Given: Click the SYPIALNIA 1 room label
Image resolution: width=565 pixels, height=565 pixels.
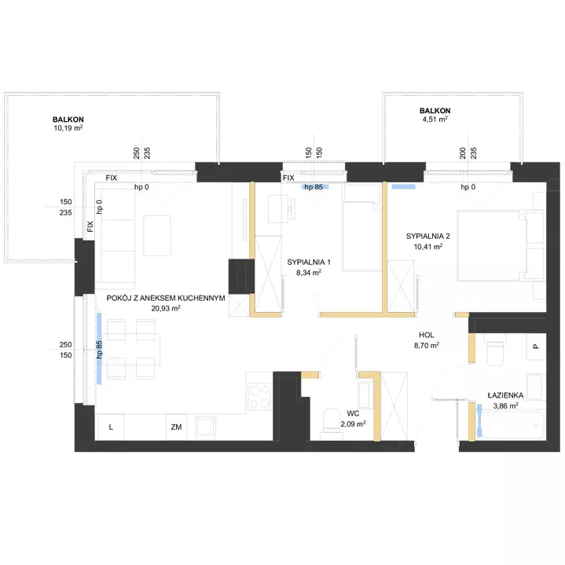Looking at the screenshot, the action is pyautogui.click(x=309, y=262).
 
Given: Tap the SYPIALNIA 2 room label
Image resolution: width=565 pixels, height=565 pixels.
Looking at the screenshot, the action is pyautogui.click(x=427, y=237).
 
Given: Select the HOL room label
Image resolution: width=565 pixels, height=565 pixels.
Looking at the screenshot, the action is pyautogui.click(x=426, y=335).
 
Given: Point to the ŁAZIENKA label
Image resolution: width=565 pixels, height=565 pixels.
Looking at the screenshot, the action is pyautogui.click(x=505, y=395).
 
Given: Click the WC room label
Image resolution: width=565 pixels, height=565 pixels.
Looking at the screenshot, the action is pyautogui.click(x=353, y=413).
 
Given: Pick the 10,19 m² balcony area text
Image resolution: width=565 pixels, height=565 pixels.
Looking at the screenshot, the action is pyautogui.click(x=68, y=128).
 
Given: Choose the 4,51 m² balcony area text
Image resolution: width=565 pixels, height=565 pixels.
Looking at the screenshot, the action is pyautogui.click(x=435, y=119).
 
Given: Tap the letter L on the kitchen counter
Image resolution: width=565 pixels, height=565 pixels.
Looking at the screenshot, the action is pyautogui.click(x=111, y=427).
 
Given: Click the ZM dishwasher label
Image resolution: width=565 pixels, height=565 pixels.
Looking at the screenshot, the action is pyautogui.click(x=176, y=427).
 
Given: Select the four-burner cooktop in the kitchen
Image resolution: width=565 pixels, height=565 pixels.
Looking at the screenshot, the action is pyautogui.click(x=259, y=396).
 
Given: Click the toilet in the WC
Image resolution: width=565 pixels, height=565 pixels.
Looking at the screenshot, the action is pyautogui.click(x=330, y=424).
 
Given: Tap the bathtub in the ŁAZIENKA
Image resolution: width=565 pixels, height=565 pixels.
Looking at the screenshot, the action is pyautogui.click(x=511, y=425).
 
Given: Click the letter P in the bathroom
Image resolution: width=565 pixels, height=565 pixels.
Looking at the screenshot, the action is pyautogui.click(x=536, y=347).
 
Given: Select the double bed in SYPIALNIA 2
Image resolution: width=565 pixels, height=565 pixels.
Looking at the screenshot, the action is pyautogui.click(x=492, y=246).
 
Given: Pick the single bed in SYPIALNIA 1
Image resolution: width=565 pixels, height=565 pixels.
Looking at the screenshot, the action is pyautogui.click(x=361, y=228).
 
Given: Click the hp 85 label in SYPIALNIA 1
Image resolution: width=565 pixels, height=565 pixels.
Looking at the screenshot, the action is pyautogui.click(x=314, y=187).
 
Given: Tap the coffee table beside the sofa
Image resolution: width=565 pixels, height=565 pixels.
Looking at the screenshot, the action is pyautogui.click(x=157, y=236).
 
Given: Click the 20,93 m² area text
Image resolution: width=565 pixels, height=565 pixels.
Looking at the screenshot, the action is pyautogui.click(x=166, y=309).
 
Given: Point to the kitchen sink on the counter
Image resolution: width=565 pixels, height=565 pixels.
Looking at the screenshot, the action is pyautogui.click(x=206, y=427).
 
